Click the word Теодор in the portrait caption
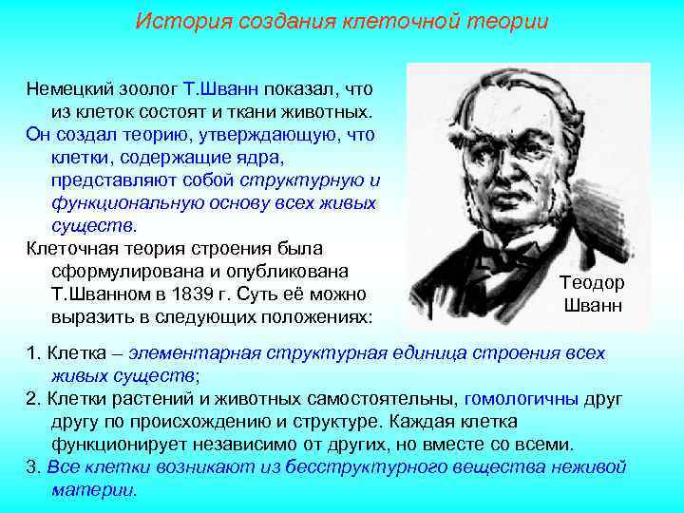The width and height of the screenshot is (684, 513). click(592, 283)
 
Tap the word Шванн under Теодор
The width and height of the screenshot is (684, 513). click(592, 306)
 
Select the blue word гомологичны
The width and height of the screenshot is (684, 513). click(522, 398)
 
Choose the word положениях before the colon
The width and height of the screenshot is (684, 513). click(310, 314)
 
